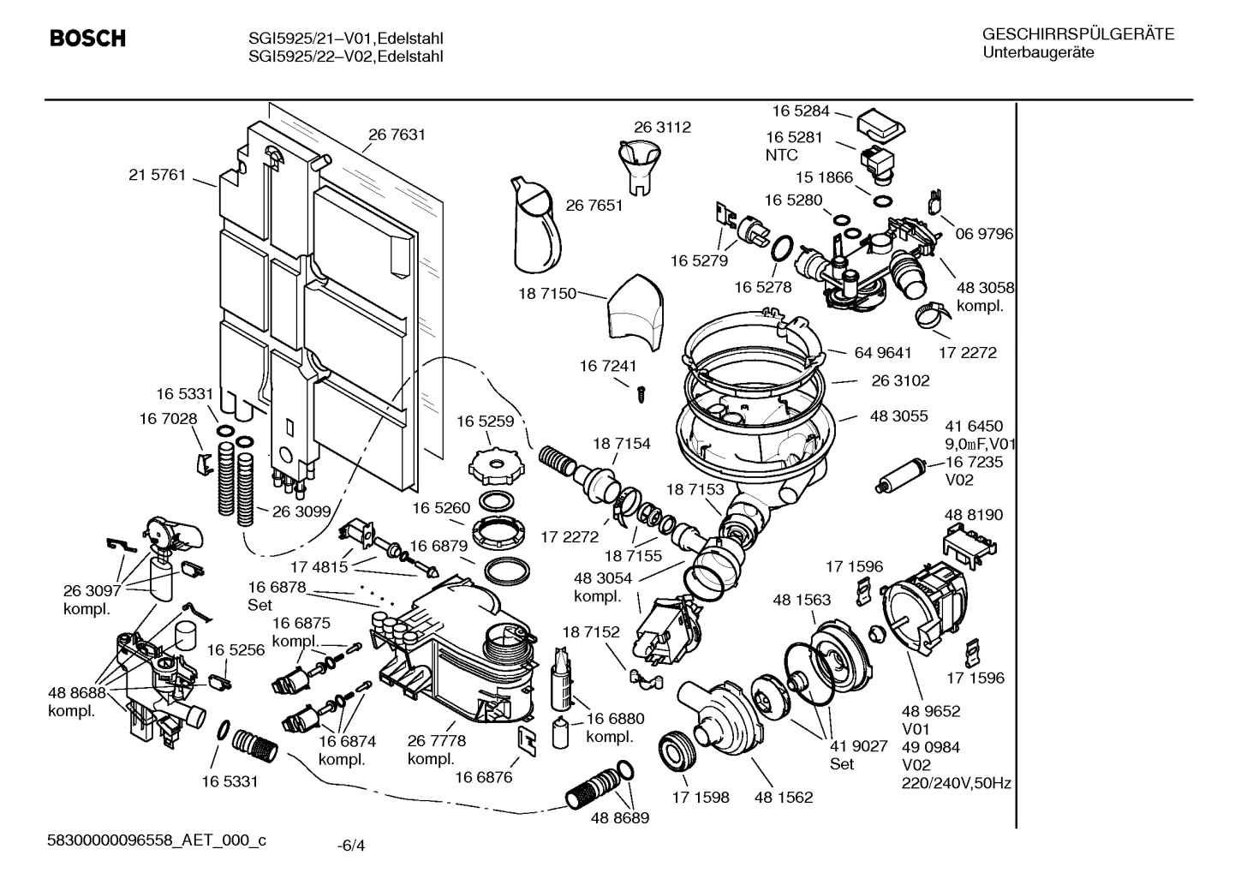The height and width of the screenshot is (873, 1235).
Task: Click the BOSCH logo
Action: (x=87, y=39)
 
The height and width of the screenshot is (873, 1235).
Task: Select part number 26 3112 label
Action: (x=662, y=127)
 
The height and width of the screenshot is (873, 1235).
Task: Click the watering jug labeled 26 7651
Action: (x=534, y=227)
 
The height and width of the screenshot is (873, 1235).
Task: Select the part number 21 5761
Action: (x=157, y=175)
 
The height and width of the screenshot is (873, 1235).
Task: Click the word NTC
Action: (x=781, y=155)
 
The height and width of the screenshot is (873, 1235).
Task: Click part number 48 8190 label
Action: (x=974, y=515)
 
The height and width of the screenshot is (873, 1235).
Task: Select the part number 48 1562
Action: (x=783, y=797)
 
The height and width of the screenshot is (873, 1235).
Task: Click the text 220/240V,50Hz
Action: (x=956, y=783)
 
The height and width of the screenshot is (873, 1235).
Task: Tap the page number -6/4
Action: (x=351, y=846)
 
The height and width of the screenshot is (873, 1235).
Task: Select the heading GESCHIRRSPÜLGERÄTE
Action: (x=1077, y=35)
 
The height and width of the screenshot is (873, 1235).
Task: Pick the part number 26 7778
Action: (x=437, y=741)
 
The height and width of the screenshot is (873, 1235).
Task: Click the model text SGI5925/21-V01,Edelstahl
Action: (x=345, y=39)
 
